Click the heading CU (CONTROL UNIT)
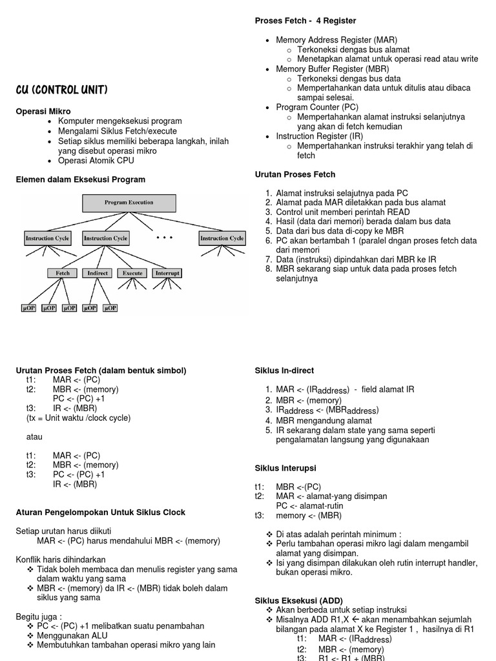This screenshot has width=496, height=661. click(x=61, y=90)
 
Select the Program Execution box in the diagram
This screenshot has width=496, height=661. click(x=129, y=203)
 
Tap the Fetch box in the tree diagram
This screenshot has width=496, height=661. click(x=63, y=273)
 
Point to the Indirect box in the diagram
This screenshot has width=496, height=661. click(x=98, y=273)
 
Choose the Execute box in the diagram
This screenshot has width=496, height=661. click(x=132, y=273)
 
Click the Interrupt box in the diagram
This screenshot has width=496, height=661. click(x=167, y=273)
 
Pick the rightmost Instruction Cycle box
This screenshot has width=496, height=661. click(x=222, y=238)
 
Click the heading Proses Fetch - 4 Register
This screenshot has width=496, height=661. click(x=305, y=21)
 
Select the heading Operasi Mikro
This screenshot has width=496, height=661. click(x=43, y=112)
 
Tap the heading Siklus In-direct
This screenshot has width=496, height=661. click(x=285, y=371)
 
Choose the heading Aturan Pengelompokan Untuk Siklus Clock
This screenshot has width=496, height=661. click(x=100, y=513)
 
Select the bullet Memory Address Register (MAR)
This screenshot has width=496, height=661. click(x=336, y=40)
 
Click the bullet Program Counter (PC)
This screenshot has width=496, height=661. click(x=317, y=107)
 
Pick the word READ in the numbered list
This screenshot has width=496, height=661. click(x=397, y=212)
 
